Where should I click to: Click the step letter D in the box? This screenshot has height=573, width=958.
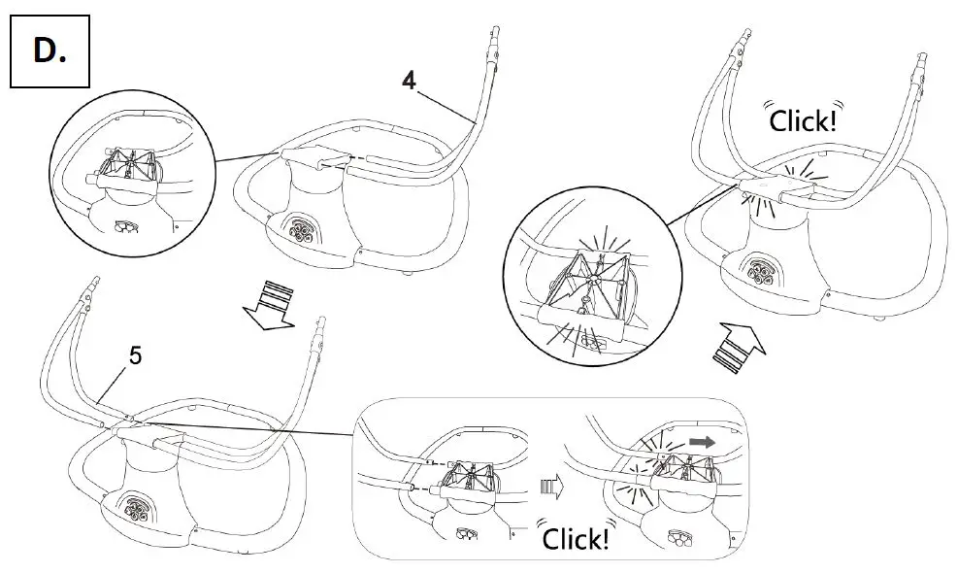(50, 51)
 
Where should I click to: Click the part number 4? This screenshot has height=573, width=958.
(410, 83)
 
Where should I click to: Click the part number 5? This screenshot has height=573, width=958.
(135, 356)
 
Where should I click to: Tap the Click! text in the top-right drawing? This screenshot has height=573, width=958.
(802, 120)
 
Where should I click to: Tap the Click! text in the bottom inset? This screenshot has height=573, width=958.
(576, 538)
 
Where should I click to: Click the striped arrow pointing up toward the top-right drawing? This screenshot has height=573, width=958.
(739, 348)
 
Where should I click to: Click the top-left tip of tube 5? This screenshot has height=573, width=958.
(93, 284)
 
